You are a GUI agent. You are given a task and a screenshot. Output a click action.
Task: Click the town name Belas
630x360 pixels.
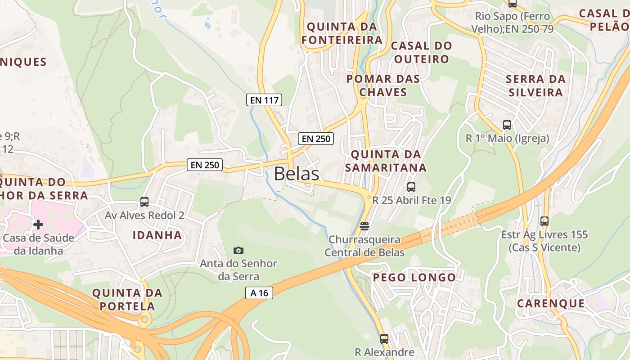click(297, 174)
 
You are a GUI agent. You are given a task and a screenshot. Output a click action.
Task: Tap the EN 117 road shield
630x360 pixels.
click(264, 100)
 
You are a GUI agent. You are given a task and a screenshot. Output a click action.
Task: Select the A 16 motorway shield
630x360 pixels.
click(259, 293)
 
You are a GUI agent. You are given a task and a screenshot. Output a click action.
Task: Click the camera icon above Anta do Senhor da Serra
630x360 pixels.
click(238, 250)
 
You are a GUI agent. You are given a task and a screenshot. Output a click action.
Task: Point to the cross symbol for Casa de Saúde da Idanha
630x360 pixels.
click(38, 224)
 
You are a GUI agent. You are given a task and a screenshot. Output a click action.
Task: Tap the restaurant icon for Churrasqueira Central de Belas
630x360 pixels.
click(364, 225)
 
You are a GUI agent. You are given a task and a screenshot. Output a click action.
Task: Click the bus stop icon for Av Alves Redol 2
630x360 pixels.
click(144, 202)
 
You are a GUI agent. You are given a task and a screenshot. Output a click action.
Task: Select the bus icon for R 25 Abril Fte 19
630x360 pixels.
click(411, 187)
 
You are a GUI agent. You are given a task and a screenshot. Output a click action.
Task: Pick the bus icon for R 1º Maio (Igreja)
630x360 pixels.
click(507, 125)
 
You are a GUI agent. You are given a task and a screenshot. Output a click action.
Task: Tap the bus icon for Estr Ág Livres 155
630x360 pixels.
click(544, 221)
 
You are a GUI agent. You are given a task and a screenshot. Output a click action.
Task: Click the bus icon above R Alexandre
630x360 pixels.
click(384, 338)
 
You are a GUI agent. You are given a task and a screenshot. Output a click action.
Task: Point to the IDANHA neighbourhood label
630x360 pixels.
click(157, 235)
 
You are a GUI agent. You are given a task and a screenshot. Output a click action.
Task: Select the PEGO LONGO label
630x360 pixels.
click(414, 277)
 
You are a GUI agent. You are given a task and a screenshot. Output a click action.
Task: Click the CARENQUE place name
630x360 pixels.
click(550, 303)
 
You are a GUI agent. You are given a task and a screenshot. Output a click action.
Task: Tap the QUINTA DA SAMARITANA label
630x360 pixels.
click(388, 161)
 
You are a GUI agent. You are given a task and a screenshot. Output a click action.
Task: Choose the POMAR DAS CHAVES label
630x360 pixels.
click(383, 85)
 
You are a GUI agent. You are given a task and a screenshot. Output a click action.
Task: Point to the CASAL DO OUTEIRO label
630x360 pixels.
click(421, 52)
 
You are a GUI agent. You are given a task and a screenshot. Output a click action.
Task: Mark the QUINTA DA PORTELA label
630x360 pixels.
click(127, 300)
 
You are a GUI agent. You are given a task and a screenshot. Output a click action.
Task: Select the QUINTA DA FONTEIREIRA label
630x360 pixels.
click(342, 33)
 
